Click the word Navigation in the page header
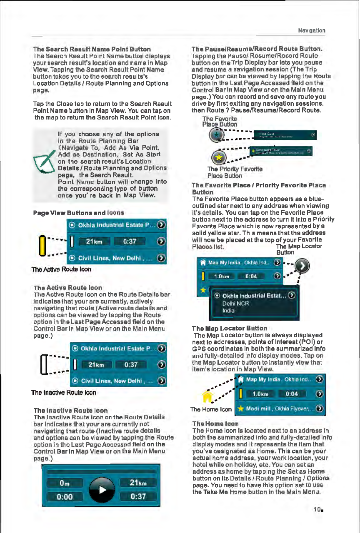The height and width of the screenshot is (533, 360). pyautogui.click(x=312, y=30)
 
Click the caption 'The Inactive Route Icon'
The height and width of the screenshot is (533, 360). pyautogui.click(x=64, y=392)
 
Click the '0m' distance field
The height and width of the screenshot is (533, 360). pyautogui.click(x=64, y=483)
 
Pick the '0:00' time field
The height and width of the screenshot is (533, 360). pyautogui.click(x=64, y=497)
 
